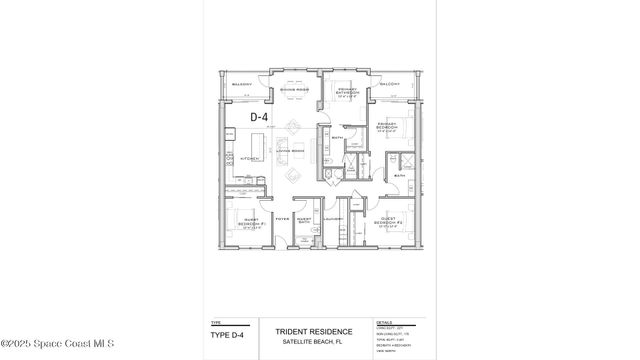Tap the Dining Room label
point(294,91)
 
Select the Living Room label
point(290,150)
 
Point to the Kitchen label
point(250,158)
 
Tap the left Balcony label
point(241,85)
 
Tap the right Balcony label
point(390,85)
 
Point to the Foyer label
point(282,218)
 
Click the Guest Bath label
point(304,220)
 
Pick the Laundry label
point(333,219)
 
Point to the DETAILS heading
point(385,323)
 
